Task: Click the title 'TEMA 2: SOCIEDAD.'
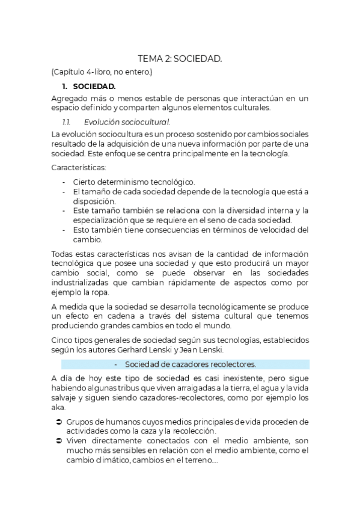(x=180, y=58)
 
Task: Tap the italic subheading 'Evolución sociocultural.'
(x=118, y=122)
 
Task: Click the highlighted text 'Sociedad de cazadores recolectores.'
(x=191, y=364)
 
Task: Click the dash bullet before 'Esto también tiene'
(x=65, y=230)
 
